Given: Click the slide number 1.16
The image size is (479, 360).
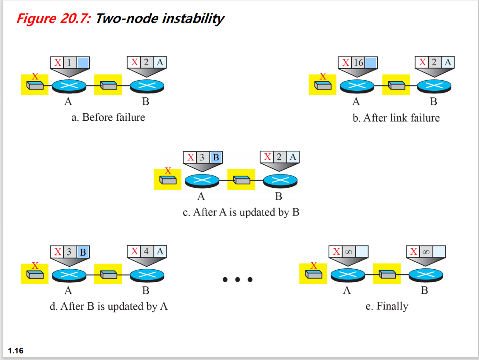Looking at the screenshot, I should [x=16, y=351].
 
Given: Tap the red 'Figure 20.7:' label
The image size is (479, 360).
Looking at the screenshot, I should [x=54, y=19].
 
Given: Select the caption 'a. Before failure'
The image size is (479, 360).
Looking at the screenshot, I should [x=108, y=117].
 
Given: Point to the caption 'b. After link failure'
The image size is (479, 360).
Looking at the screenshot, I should [x=396, y=118].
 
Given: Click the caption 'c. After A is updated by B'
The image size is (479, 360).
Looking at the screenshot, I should [x=241, y=212].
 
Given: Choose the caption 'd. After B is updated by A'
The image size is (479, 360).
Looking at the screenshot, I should [x=109, y=306].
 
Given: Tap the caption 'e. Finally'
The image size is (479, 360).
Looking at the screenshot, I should [x=387, y=306].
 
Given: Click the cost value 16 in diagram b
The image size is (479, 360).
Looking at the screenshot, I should [x=358, y=62].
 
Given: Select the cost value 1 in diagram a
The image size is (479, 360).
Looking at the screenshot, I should [x=69, y=62].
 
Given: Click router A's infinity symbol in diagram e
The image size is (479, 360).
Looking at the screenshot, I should [x=348, y=252].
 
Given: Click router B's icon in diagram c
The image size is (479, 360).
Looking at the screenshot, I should [x=280, y=180].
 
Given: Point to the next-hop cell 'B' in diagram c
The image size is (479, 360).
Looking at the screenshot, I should [x=216, y=157].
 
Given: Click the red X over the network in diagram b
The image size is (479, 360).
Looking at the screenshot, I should [x=323, y=76].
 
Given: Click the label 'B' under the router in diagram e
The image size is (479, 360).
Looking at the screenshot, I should [x=424, y=291].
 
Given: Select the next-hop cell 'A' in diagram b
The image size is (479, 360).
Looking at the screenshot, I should [x=448, y=62].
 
